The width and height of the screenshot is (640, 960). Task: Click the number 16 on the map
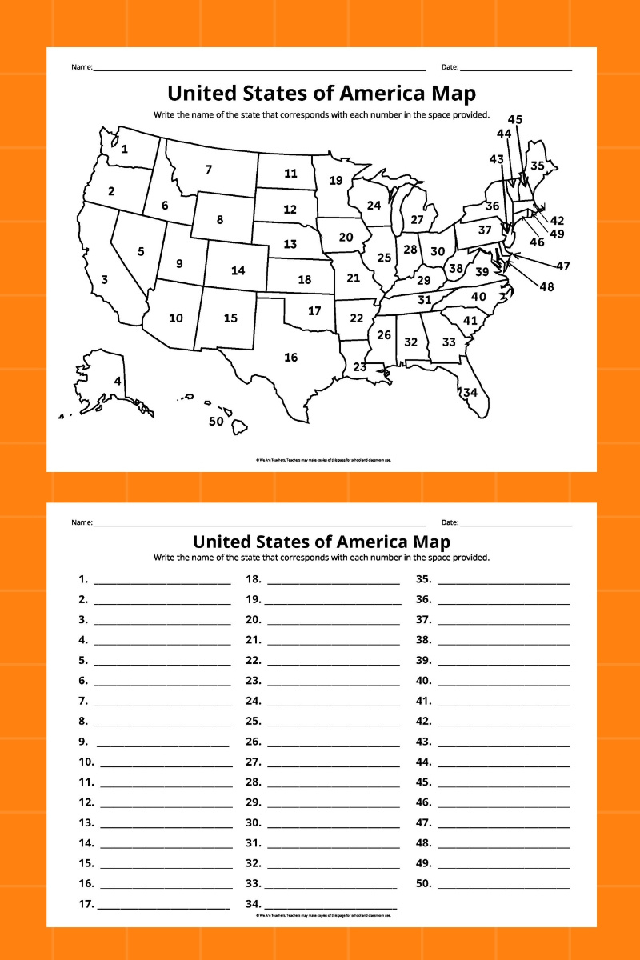(290, 358)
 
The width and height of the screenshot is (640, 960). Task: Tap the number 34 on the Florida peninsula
(470, 392)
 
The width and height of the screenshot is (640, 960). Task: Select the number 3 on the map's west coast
(104, 280)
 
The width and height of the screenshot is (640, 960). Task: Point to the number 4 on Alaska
(118, 382)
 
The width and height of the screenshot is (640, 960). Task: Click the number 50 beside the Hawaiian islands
(216, 422)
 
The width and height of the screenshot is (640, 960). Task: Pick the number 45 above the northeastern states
(515, 120)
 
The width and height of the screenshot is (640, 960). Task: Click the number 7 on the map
(209, 170)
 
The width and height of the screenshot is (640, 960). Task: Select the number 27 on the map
(417, 220)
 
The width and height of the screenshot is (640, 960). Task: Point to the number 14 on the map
(238, 270)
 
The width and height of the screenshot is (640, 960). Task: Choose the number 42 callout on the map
(557, 221)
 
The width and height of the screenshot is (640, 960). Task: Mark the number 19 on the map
(335, 181)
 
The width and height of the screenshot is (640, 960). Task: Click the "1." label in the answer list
(83, 578)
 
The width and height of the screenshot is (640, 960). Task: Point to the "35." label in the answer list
(424, 578)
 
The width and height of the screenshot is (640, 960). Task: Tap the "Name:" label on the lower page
(82, 522)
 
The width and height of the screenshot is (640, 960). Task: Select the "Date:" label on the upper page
(450, 67)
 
